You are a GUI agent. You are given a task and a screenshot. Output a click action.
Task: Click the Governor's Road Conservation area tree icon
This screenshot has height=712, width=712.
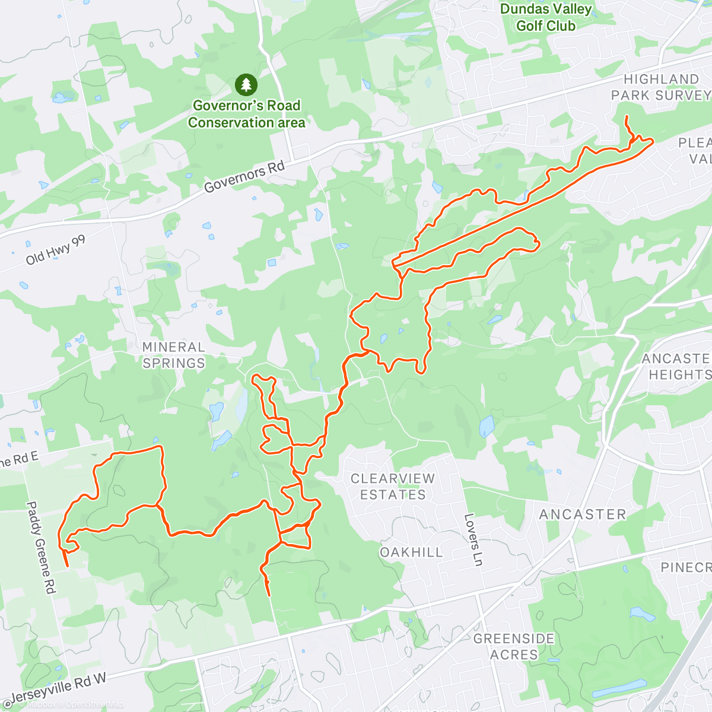tap(246, 85)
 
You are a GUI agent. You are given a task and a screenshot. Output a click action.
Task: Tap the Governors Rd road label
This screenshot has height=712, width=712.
tap(244, 176)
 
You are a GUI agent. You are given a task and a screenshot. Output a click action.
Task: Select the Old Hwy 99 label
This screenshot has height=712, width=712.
tap(56, 250)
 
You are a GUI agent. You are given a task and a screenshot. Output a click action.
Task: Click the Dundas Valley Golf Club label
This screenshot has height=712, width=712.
tap(546, 17)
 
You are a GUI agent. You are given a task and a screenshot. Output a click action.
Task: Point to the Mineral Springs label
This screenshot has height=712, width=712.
tap(173, 355)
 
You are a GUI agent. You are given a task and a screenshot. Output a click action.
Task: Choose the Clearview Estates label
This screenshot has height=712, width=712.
tap(392, 487)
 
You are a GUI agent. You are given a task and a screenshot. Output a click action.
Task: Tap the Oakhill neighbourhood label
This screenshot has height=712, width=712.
tap(411, 552)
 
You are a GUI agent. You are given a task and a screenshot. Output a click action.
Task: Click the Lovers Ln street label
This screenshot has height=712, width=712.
tap(473, 539)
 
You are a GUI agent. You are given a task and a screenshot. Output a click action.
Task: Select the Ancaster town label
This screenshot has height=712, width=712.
tap(582, 514)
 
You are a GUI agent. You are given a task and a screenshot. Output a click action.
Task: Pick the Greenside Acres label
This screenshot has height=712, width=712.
tap(514, 647)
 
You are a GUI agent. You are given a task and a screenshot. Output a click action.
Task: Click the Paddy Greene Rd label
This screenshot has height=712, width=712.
tap(40, 548)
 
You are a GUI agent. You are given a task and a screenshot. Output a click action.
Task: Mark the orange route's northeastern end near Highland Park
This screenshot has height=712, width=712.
tap(627, 119)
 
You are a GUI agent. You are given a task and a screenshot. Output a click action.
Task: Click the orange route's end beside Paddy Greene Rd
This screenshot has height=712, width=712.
tap(67, 565)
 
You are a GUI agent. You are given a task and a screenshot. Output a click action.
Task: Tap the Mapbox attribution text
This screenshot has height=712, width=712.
tap(39, 704)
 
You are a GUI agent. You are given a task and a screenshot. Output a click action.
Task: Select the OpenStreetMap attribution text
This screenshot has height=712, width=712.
tap(94, 704)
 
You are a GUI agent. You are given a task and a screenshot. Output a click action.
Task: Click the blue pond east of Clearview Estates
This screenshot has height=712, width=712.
tap(487, 426)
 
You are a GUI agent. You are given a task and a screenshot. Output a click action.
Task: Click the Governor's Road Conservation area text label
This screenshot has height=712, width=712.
tap(246, 114)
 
